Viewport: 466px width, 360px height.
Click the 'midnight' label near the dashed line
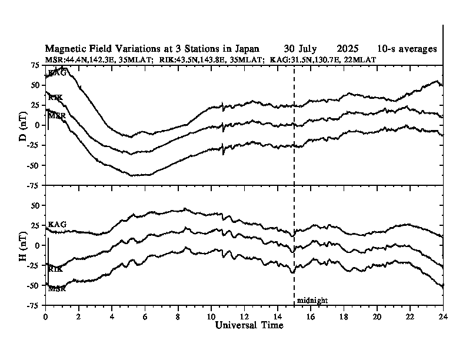click(312, 301)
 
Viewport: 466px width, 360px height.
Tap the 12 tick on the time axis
click(244, 316)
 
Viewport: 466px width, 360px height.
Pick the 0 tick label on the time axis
click(45, 316)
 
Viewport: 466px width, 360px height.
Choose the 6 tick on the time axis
click(145, 316)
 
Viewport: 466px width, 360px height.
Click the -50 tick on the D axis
click(34, 165)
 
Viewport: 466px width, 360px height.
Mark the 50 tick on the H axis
click(36, 205)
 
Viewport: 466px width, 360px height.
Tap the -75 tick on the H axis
click(34, 305)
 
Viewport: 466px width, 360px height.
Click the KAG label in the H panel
click(57, 225)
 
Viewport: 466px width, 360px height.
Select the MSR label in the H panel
click(56, 289)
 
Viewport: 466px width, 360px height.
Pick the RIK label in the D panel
click(56, 98)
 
